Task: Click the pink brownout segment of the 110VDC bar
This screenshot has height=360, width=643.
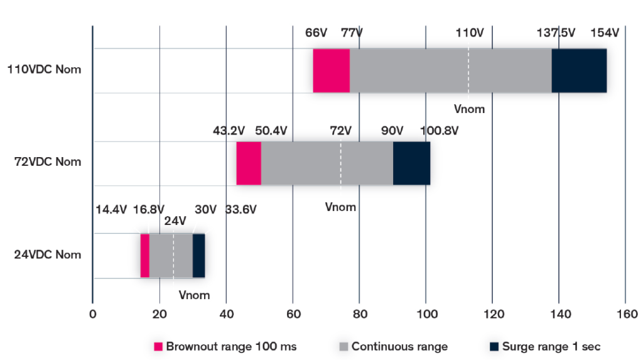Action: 331,70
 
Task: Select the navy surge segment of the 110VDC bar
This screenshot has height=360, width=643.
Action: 579,70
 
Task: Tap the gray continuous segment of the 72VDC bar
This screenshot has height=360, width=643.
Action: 327,163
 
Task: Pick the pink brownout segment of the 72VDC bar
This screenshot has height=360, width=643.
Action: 249,163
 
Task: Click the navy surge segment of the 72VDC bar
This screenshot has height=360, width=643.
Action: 411,163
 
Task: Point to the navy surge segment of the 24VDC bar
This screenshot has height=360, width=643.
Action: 198,255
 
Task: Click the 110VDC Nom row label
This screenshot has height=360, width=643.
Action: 44,70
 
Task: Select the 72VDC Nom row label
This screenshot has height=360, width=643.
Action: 48,162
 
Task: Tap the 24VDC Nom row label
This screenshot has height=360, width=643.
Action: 48,255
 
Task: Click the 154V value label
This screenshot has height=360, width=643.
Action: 605,33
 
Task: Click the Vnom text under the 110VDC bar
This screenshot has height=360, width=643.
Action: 469,109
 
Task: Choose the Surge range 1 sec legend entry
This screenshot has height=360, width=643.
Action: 544,346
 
